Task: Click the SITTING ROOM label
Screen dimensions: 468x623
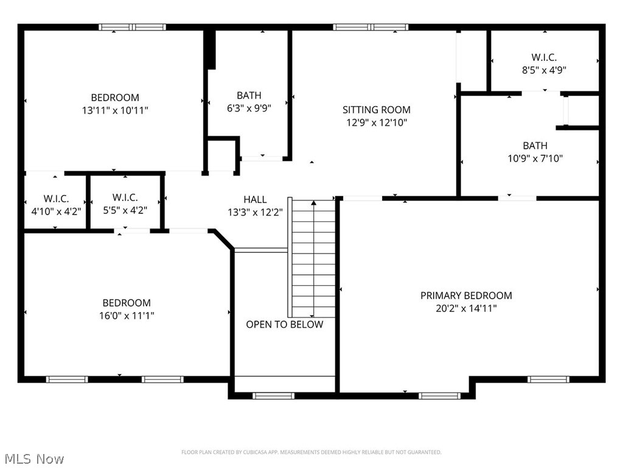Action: pyautogui.click(x=376, y=110)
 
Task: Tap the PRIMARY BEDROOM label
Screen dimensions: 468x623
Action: pyautogui.click(x=466, y=296)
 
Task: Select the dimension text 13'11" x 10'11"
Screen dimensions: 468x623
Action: pyautogui.click(x=115, y=110)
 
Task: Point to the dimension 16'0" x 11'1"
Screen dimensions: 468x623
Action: pyautogui.click(x=127, y=316)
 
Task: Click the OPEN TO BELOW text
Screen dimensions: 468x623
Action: pyautogui.click(x=284, y=325)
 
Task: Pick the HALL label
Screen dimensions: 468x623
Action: pyautogui.click(x=255, y=199)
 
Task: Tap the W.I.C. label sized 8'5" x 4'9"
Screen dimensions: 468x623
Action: pyautogui.click(x=543, y=57)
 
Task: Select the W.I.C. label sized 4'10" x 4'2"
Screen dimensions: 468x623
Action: pyautogui.click(x=56, y=199)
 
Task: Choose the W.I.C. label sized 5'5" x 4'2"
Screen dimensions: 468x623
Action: pyautogui.click(x=125, y=197)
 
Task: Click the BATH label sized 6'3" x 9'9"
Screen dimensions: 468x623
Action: pyautogui.click(x=249, y=95)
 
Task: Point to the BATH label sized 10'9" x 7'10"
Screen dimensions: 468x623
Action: pyautogui.click(x=535, y=146)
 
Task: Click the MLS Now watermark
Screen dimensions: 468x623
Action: pyautogui.click(x=33, y=458)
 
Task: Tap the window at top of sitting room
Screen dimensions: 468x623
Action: pyautogui.click(x=370, y=27)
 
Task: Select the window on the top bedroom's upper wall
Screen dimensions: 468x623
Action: pyautogui.click(x=133, y=27)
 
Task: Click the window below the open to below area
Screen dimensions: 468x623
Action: pyautogui.click(x=273, y=395)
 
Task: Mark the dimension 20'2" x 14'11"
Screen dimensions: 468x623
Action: pyautogui.click(x=466, y=308)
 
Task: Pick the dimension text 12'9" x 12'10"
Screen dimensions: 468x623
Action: pyautogui.click(x=376, y=122)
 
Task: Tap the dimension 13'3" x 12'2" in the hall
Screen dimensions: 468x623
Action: pyautogui.click(x=255, y=212)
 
